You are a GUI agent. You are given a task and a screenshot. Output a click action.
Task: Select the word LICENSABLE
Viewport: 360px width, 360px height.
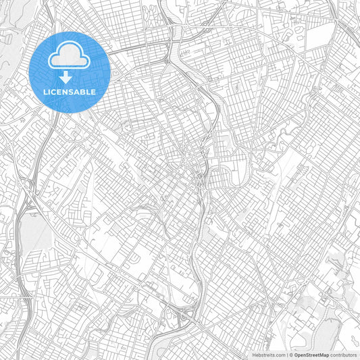(x=70, y=91)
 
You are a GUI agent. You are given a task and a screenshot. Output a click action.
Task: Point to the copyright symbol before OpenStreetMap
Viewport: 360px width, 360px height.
(x=290, y=355)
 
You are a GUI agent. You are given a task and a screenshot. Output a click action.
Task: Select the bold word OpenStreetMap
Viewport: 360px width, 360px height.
(x=311, y=355)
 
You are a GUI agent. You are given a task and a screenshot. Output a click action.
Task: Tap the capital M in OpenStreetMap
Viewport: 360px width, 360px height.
(x=323, y=355)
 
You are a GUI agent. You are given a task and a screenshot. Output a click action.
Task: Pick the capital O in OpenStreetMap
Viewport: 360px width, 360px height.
(x=295, y=355)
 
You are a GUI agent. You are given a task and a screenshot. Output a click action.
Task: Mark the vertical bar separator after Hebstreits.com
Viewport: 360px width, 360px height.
(x=286, y=355)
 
